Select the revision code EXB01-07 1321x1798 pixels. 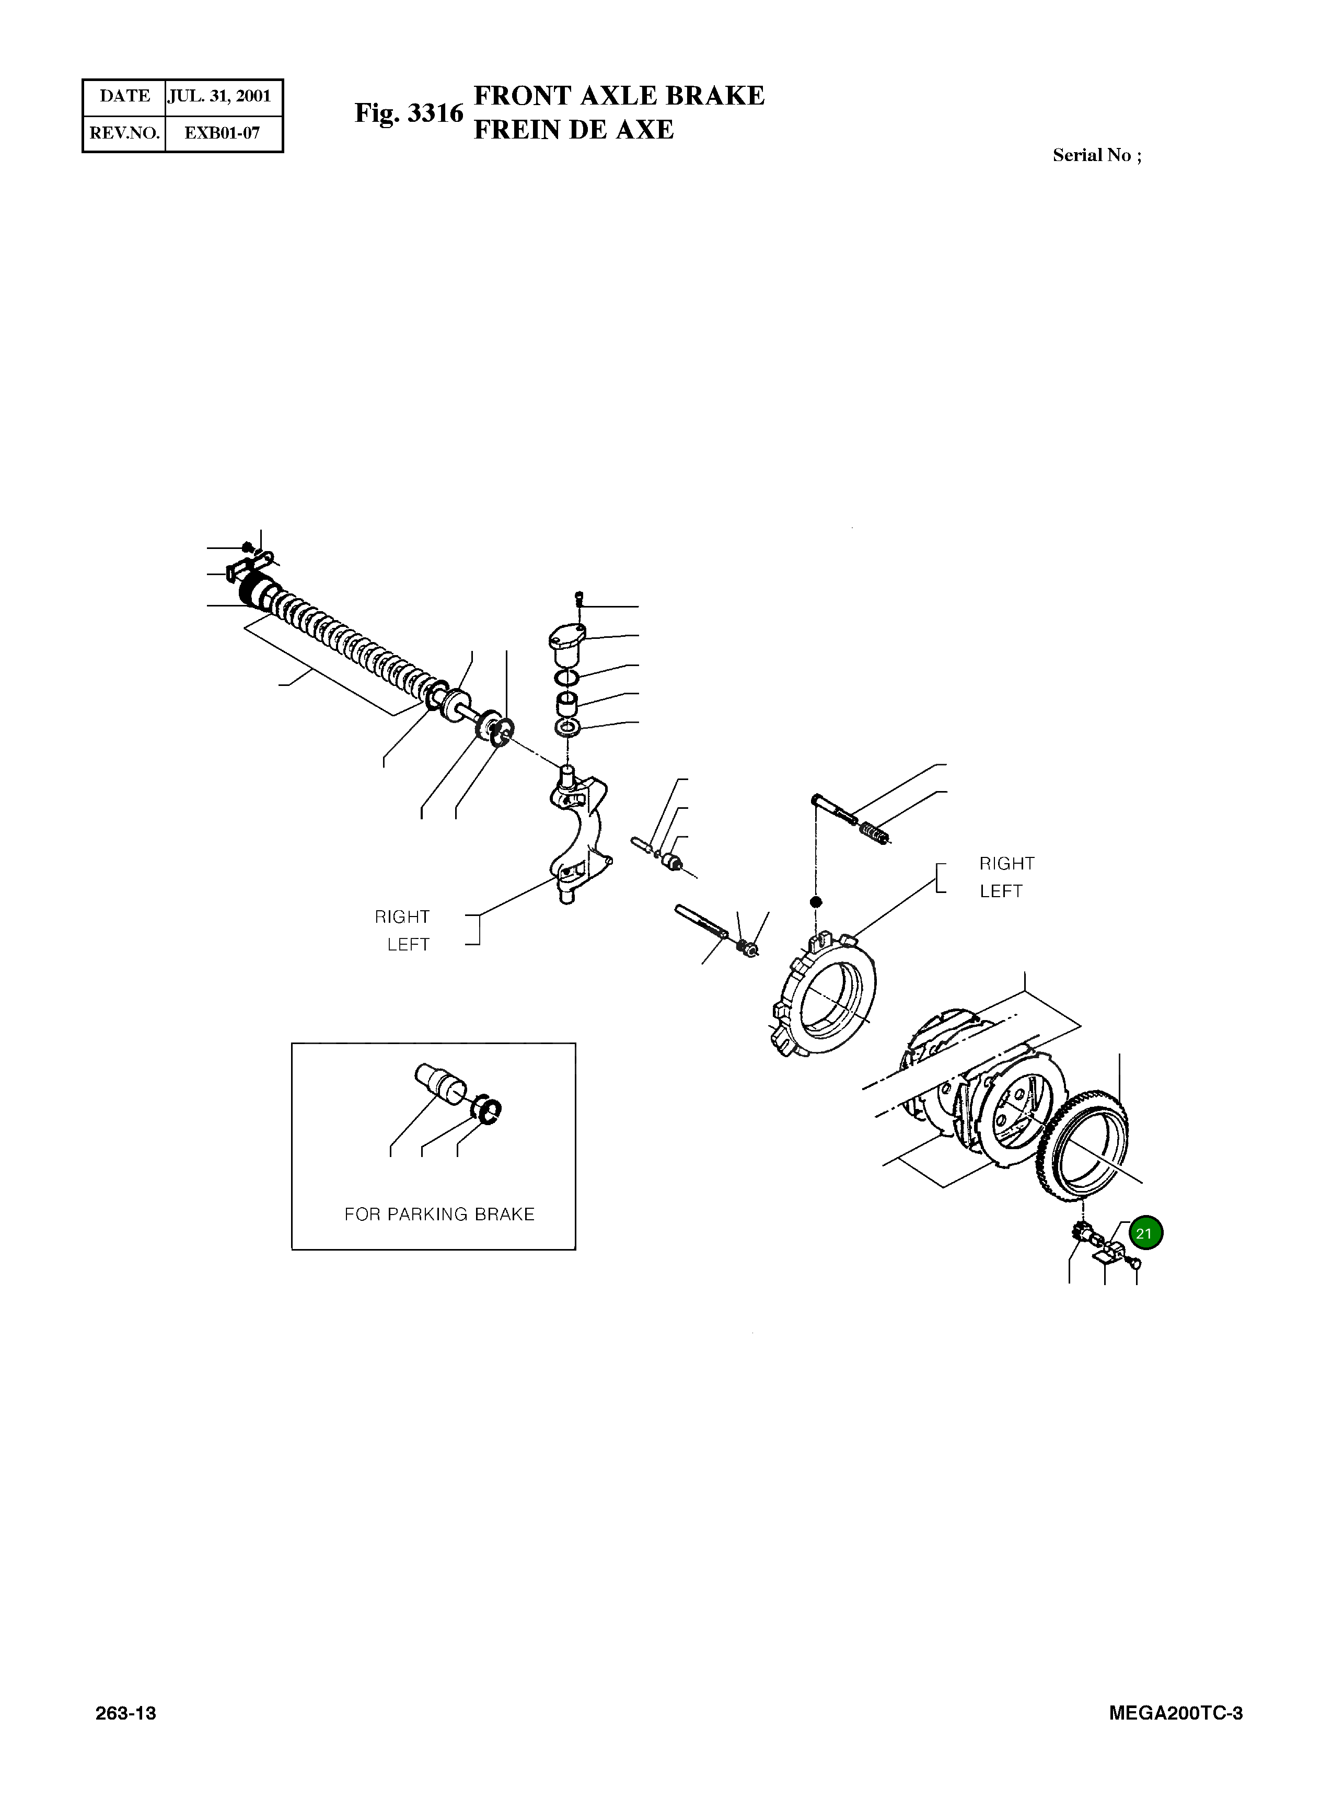(x=222, y=133)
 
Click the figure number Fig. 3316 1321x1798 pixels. (x=409, y=113)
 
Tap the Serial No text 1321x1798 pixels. (x=1096, y=155)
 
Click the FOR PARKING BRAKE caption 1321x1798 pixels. (x=439, y=1214)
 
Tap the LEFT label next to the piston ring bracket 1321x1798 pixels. (x=1000, y=891)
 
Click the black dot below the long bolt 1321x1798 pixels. (x=816, y=902)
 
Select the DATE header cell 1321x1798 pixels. (x=125, y=97)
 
